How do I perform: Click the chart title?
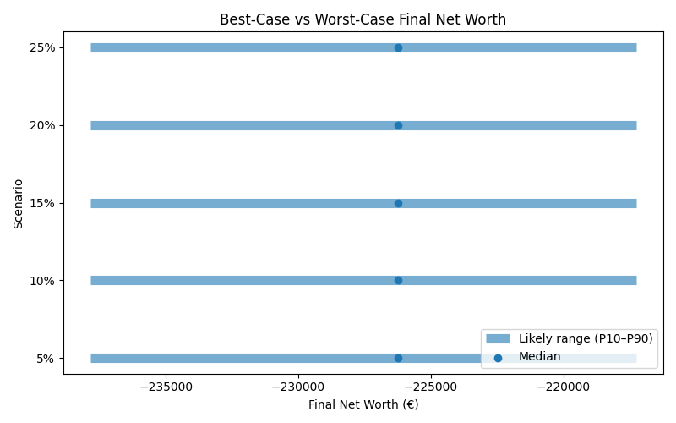[363, 19]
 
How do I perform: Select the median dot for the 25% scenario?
[398, 47]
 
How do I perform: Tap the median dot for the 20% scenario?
[398, 125]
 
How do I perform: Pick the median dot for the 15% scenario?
[398, 203]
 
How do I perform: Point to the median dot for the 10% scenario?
[398, 280]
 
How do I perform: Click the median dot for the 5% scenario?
[398, 358]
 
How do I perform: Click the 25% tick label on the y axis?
[42, 47]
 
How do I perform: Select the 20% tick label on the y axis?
[42, 125]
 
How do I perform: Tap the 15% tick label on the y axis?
[42, 203]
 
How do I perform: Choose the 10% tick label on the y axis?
[42, 280]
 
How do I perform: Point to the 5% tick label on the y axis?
[46, 358]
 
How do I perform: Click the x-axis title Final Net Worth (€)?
[363, 404]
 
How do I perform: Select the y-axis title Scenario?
[18, 203]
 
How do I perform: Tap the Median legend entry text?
[539, 357]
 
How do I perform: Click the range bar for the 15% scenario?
[253, 203]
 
